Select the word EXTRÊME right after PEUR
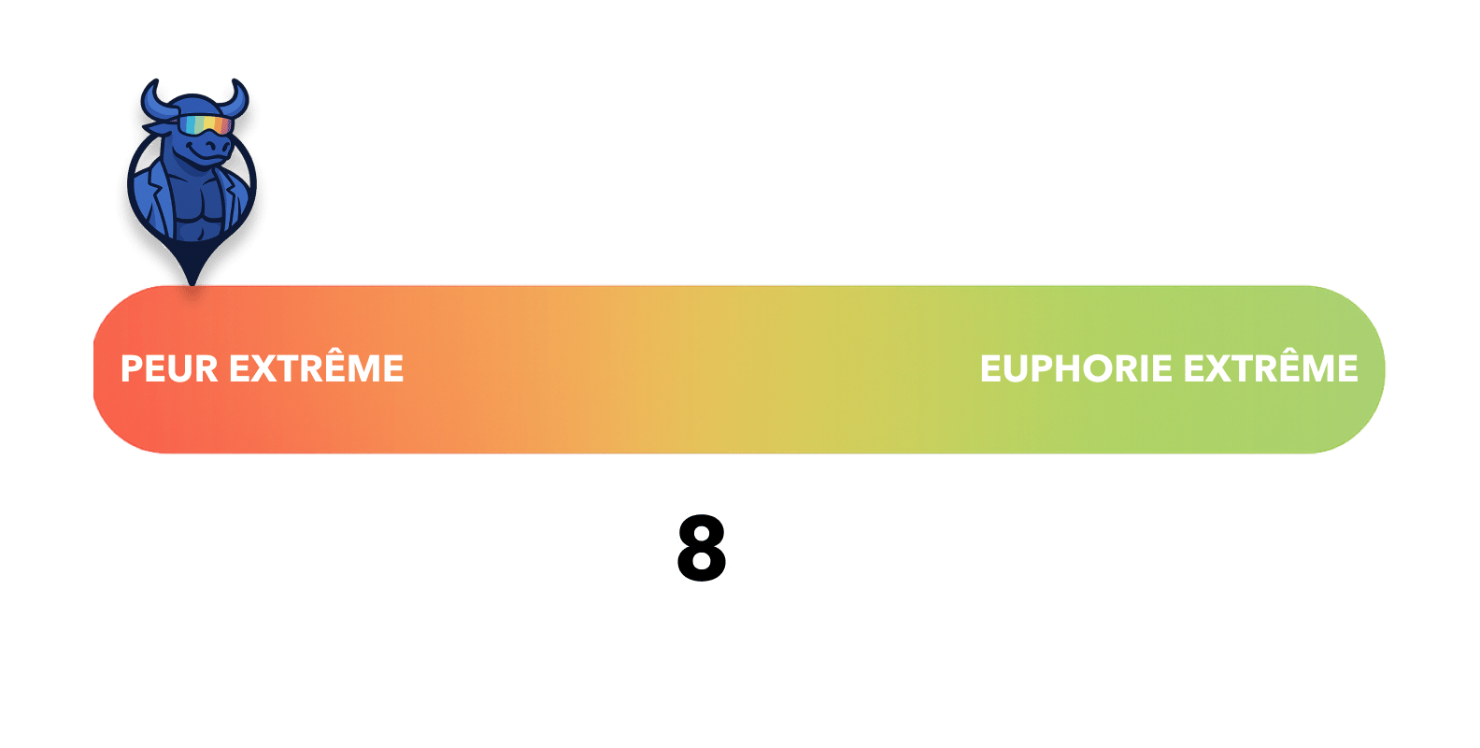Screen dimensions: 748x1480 [316, 368]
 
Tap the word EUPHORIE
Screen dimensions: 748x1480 [1075, 368]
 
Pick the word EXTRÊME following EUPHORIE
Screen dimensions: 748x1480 [1271, 368]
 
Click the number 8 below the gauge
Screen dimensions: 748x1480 [701, 549]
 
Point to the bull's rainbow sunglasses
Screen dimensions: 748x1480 [206, 125]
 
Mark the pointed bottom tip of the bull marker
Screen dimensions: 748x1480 [193, 282]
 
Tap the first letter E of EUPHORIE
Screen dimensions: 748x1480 [990, 368]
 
